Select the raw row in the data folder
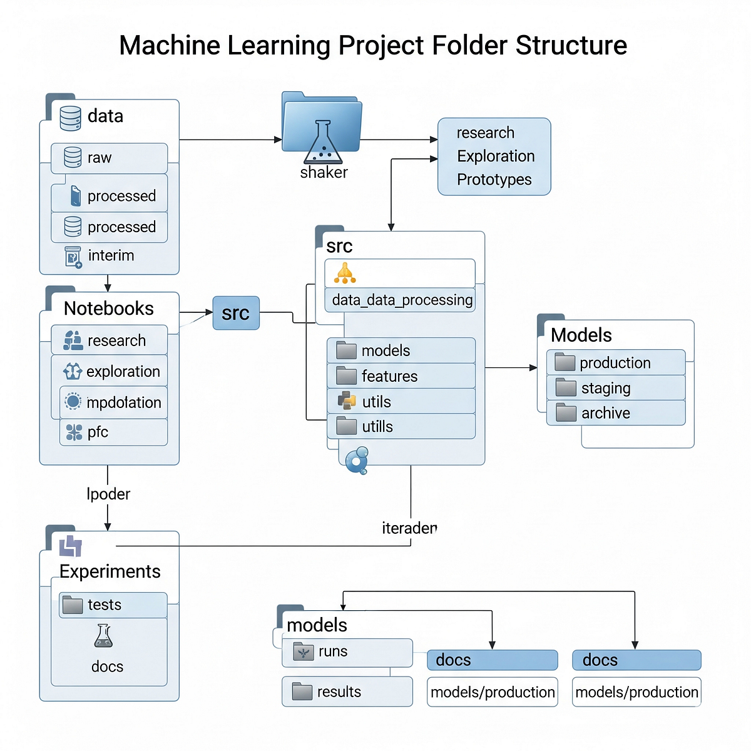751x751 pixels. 109,158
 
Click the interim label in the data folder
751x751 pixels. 111,255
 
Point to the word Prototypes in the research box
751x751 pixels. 494,180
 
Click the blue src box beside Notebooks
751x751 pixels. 236,313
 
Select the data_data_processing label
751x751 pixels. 401,300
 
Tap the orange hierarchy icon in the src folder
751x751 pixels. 345,273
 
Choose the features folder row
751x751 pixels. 401,376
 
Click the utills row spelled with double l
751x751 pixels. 401,427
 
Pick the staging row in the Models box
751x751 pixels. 615,388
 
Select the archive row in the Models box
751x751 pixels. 615,413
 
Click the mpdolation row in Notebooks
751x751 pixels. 113,402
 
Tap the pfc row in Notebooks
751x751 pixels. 113,432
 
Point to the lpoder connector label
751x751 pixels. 108,494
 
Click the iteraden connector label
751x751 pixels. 409,528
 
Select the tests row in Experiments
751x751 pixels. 113,605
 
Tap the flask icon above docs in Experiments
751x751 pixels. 103,636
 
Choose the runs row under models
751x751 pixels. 347,652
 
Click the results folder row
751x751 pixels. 347,692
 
